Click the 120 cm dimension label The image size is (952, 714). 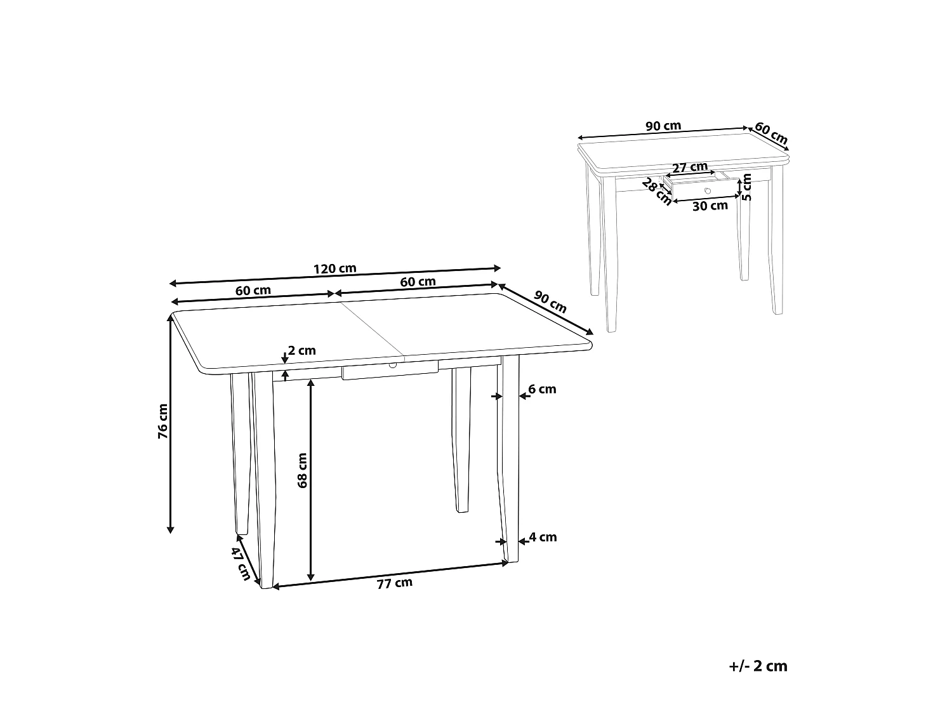coord(334,268)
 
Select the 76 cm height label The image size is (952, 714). coord(163,421)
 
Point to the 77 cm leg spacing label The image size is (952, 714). coord(394,583)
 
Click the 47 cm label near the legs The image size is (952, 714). coord(240,564)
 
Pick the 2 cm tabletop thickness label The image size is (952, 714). coord(301,350)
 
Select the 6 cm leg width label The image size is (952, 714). coord(542,389)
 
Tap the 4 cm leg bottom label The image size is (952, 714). coord(543,537)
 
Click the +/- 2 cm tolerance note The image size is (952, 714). coord(758,666)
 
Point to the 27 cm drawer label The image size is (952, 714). coord(689,168)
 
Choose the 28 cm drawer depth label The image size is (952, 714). coord(656,192)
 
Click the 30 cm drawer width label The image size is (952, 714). coord(710,206)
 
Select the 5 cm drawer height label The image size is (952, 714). coord(747,187)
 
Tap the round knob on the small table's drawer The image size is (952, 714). coord(708,190)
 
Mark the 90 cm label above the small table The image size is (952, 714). coord(663,126)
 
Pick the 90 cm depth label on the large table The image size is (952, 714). coord(550,301)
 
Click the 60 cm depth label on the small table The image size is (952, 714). coord(771,133)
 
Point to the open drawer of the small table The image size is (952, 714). coord(701,188)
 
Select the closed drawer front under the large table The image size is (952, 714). coord(390,372)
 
